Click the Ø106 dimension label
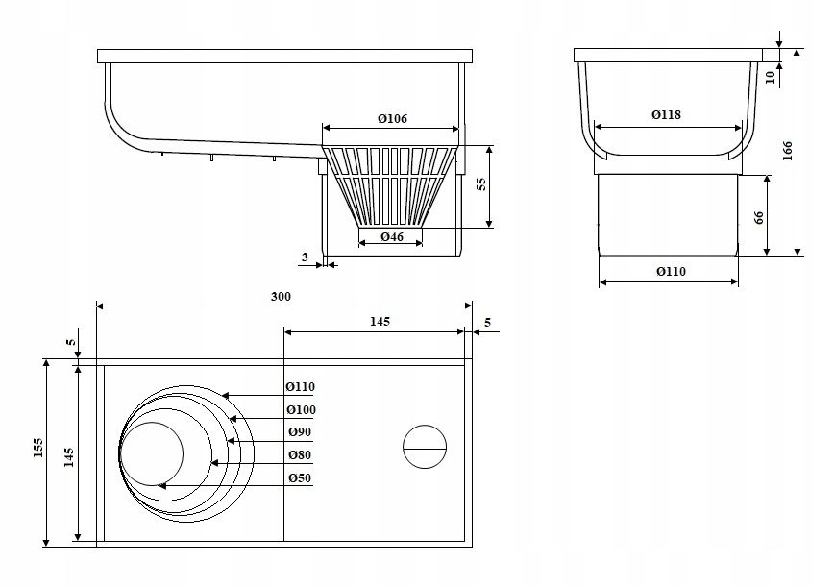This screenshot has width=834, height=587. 392,118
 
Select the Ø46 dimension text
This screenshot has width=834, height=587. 390,235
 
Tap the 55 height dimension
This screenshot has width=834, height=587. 480,185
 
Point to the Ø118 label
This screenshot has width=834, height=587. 666,115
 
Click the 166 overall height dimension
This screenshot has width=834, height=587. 787,152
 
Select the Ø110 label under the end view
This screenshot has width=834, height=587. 671,272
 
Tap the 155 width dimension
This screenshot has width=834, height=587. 37,452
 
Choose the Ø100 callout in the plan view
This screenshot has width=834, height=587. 300,410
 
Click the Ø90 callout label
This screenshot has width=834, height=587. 300,432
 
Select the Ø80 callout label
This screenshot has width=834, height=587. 300,455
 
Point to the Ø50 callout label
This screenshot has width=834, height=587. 300,478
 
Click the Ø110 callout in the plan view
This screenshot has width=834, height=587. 300,387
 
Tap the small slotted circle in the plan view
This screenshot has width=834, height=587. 425,446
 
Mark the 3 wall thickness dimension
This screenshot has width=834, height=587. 305,257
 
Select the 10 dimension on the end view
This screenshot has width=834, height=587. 771,77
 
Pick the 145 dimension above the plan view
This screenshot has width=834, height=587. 380,321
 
